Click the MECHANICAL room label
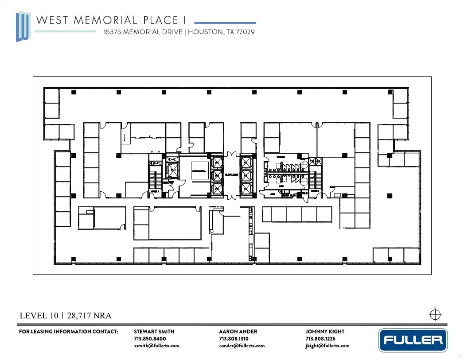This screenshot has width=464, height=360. [199, 171]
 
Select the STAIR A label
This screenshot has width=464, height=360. [155, 191]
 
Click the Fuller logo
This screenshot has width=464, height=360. [413, 340]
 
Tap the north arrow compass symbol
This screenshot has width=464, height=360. [435, 314]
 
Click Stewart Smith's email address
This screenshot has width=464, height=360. [156, 346]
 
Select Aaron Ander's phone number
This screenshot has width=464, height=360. [230, 339]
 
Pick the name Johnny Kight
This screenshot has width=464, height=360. [324, 331]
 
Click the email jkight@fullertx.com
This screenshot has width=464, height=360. [327, 346]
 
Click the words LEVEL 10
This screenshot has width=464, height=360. [39, 316]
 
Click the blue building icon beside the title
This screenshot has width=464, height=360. [23, 27]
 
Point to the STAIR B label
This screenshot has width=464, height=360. [314, 191]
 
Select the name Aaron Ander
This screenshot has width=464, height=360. [238, 331]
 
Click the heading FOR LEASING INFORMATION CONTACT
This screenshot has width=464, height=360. [68, 331]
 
